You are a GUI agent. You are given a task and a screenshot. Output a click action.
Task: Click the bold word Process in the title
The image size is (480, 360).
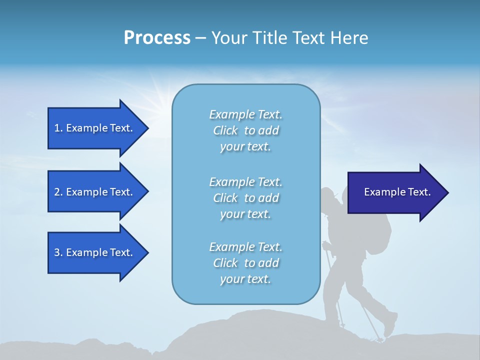[x=157, y=38]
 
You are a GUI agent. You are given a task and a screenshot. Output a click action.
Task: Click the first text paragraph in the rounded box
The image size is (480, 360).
[x=245, y=130]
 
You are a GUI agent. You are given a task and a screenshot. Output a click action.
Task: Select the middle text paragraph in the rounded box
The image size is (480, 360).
[x=245, y=198]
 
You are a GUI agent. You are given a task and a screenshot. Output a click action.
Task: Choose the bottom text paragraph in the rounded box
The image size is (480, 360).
[x=245, y=263]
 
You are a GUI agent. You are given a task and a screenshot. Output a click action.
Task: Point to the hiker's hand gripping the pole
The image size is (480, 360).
[x=326, y=245]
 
